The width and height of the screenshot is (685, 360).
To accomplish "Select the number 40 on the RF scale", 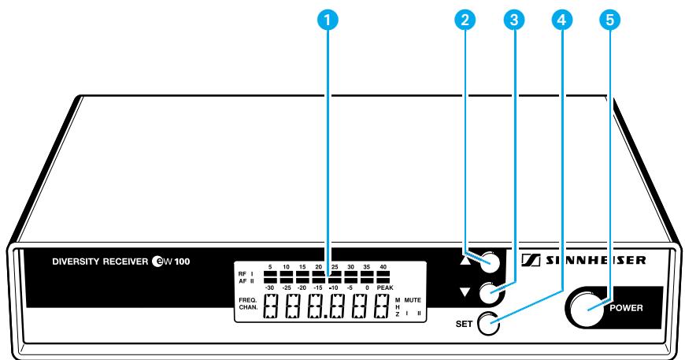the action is point(383,267).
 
